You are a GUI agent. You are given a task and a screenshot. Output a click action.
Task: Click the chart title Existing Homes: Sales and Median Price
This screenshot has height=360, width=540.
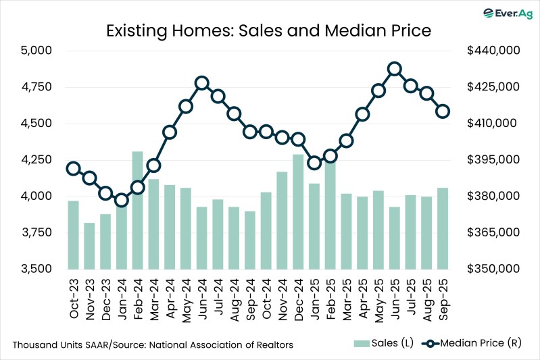click(269, 30)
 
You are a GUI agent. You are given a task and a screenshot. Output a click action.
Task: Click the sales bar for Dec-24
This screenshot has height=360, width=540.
click(298, 211)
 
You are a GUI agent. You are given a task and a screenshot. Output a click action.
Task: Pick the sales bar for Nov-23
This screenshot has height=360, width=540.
click(89, 246)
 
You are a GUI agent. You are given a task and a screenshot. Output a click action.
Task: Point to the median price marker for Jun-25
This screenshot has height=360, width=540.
click(395, 69)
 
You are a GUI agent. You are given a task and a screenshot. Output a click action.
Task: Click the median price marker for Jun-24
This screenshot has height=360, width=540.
click(201, 83)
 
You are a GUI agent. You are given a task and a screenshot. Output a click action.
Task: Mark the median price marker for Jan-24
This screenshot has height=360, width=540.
click(121, 200)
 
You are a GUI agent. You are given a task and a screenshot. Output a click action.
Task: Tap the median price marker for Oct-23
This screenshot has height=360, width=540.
click(73, 169)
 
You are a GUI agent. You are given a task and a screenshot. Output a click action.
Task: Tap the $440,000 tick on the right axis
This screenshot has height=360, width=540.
click(492, 51)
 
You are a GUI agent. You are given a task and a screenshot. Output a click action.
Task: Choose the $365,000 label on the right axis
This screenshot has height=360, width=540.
click(492, 232)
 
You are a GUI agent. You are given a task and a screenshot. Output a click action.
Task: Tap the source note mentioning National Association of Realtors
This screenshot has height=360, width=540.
click(153, 344)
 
